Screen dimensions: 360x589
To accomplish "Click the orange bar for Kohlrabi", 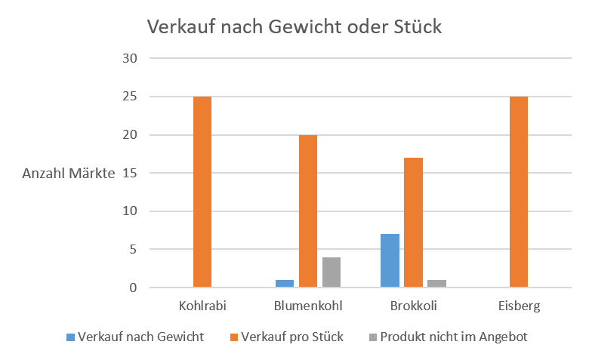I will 202,192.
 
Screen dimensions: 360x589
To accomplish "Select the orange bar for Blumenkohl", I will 307,211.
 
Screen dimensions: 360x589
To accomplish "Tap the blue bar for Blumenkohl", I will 285,283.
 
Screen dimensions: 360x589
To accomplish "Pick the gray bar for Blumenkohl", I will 332,272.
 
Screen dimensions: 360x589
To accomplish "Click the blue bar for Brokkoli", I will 390,260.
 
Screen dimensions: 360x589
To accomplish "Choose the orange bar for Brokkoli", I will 413,223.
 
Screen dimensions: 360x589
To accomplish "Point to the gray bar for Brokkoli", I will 437,283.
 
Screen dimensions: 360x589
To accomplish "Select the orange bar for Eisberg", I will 519,192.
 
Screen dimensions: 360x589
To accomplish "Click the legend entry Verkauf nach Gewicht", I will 140,337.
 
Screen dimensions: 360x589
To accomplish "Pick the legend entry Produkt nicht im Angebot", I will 454,337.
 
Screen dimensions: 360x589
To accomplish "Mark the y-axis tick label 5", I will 133,249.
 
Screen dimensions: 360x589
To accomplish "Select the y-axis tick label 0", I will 133,288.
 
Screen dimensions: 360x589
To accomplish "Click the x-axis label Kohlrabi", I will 202,306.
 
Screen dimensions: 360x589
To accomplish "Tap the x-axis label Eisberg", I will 519,306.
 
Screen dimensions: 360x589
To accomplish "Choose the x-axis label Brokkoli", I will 413,306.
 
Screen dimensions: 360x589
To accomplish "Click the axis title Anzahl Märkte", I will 69,174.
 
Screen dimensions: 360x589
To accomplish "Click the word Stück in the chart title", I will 417,27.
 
